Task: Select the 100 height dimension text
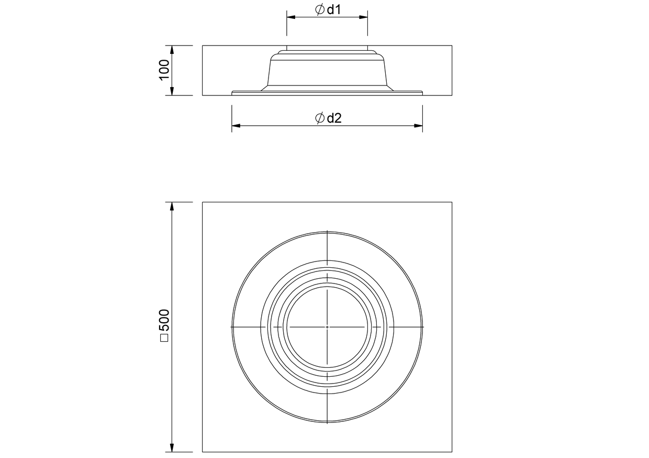(164, 70)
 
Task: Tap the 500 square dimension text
(164, 320)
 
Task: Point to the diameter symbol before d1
(320, 9)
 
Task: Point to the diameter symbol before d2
(320, 118)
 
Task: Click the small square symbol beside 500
(164, 338)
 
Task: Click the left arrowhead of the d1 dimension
(291, 17)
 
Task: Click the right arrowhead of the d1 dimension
(363, 17)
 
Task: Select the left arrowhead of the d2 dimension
(236, 126)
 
